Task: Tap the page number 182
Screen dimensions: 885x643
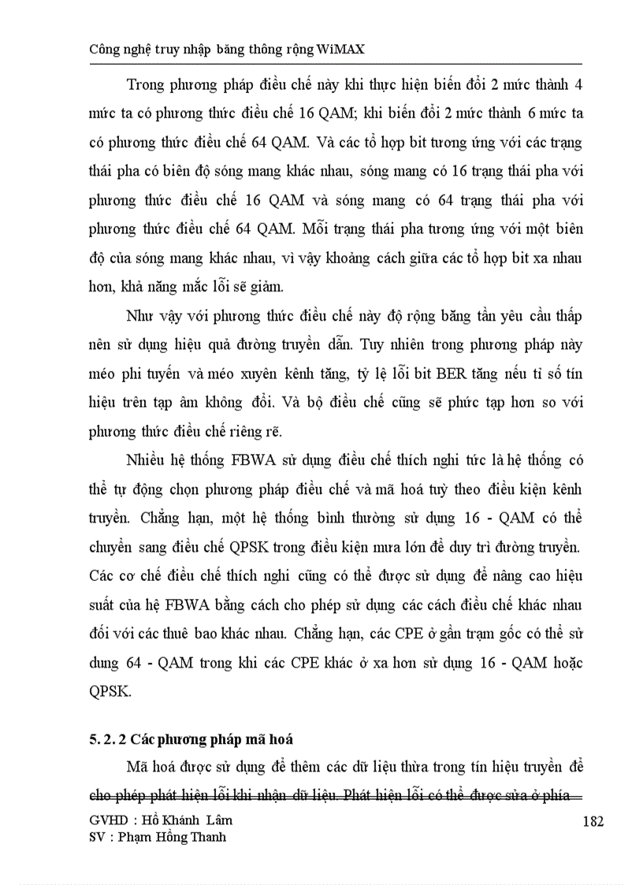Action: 593,822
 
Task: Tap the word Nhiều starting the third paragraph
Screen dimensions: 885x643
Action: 146,461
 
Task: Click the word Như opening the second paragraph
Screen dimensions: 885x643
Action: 141,316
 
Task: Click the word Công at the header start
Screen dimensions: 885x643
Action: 106,50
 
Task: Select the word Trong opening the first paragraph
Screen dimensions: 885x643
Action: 145,84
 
